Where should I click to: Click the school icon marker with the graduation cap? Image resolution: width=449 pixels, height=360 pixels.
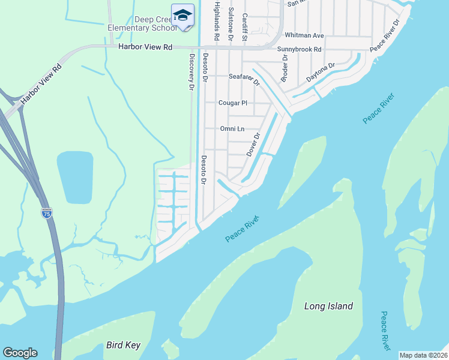pos(182,15)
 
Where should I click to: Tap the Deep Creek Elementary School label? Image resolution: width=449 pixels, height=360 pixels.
pos(142,23)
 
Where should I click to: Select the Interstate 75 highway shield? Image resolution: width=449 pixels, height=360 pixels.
pos(47,212)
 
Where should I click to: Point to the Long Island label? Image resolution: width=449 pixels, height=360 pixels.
pos(328,306)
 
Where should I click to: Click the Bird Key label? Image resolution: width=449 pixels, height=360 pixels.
pos(123,345)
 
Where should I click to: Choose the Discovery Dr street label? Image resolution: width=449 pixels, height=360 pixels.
pos(191,71)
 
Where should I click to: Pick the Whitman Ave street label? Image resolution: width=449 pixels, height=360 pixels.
pos(304,35)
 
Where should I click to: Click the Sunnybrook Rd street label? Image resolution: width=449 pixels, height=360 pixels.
pos(300,49)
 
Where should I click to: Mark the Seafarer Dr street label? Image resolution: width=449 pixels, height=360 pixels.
pos(244,78)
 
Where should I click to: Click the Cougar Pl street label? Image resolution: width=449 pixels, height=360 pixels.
pos(232,103)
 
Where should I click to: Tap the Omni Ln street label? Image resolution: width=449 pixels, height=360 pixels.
pos(232,128)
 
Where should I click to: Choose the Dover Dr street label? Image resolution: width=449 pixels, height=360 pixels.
pos(253,145)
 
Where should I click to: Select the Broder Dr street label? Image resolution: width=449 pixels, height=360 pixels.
pos(285,68)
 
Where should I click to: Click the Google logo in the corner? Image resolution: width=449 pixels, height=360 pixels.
pos(20,353)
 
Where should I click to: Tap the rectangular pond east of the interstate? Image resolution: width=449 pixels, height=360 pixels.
pos(75,177)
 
